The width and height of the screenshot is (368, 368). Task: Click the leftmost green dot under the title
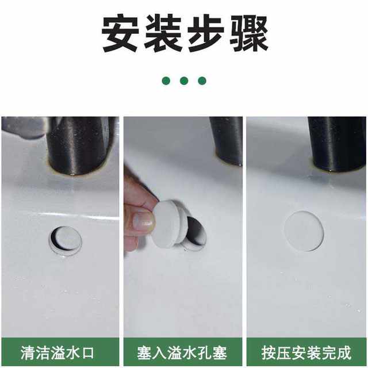[x=166, y=80]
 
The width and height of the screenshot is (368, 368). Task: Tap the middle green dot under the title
[x=184, y=80]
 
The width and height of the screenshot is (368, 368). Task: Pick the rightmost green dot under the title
[x=202, y=80]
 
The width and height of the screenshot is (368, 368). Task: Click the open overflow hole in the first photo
[x=64, y=240]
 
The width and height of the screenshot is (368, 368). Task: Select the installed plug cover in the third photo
[x=304, y=231]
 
